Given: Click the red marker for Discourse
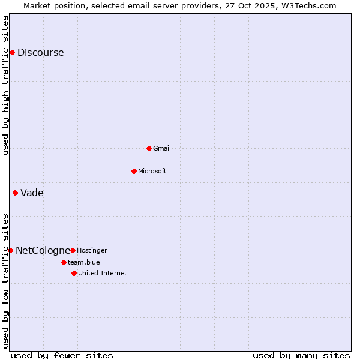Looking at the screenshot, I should point(12,52).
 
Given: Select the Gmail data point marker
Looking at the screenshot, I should point(149,148).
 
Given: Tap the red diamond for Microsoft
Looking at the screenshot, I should point(134,171).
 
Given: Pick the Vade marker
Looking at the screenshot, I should point(15,193).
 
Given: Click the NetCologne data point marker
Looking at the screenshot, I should point(10,250).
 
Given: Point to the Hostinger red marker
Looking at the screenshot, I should point(73,250).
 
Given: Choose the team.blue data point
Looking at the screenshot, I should point(64,262).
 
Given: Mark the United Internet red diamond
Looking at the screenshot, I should point(74,273).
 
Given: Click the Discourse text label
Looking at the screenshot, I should point(40,53).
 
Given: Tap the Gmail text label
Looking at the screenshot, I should point(162,148).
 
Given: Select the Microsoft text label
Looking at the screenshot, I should point(152,171).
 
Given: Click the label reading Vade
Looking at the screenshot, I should point(32,193).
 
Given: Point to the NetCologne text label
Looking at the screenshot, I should point(42,251).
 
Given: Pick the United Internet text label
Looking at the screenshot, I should point(102,273).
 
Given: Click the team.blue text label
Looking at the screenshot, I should point(83,262).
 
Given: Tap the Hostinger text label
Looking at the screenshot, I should point(92,250).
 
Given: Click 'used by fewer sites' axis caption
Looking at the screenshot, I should point(62,355).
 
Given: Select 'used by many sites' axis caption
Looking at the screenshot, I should point(301,355).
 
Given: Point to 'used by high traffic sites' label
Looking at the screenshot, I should point(6,85).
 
